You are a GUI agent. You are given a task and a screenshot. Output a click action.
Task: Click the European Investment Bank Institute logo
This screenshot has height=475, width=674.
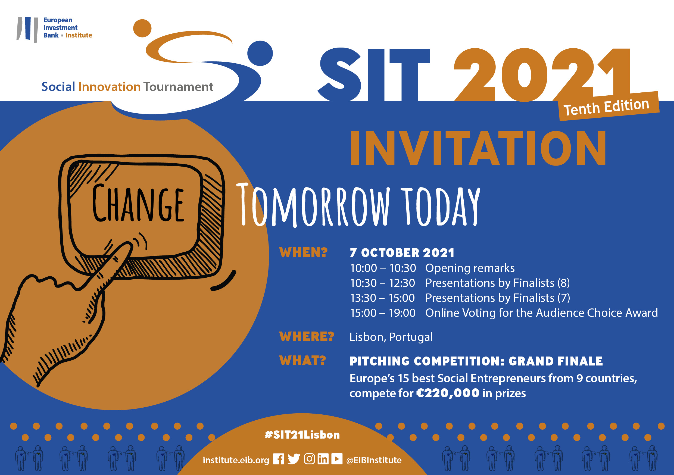click(x=54, y=29)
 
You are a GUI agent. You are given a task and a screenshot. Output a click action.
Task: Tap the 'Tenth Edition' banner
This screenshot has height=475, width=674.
click(x=609, y=106)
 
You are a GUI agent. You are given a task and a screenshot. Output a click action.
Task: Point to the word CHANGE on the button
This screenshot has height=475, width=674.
click(x=138, y=203)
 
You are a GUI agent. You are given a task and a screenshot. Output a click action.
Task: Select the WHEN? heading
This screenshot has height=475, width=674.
click(x=303, y=252)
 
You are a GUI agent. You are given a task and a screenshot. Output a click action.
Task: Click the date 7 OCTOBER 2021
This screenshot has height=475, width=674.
click(x=402, y=253)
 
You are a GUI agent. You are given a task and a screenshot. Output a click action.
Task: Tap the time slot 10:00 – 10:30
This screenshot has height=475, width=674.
click(x=383, y=268)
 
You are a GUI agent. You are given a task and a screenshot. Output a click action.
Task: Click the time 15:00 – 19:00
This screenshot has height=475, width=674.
click(x=383, y=313)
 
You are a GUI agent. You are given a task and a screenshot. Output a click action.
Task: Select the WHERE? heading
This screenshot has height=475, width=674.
click(x=307, y=336)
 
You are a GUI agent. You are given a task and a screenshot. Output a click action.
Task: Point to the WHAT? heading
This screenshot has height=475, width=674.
click(x=303, y=361)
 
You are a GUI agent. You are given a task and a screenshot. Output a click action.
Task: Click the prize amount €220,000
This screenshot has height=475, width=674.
click(x=448, y=393)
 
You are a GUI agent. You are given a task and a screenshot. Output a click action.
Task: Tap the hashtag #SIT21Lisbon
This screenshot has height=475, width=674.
click(x=302, y=435)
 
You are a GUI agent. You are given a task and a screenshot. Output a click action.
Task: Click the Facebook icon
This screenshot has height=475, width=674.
click(x=279, y=459)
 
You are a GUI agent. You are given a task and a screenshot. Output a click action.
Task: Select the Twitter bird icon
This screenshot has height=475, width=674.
click(x=294, y=459)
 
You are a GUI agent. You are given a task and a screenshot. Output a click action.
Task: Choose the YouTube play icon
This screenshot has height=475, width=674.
click(x=337, y=459)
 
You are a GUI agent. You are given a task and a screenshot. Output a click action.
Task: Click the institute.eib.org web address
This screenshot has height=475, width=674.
click(x=236, y=460)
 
